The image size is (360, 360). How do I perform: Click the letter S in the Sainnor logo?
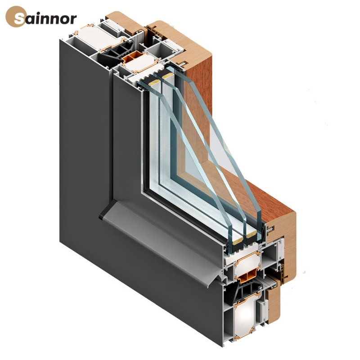click(x=19, y=18)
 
